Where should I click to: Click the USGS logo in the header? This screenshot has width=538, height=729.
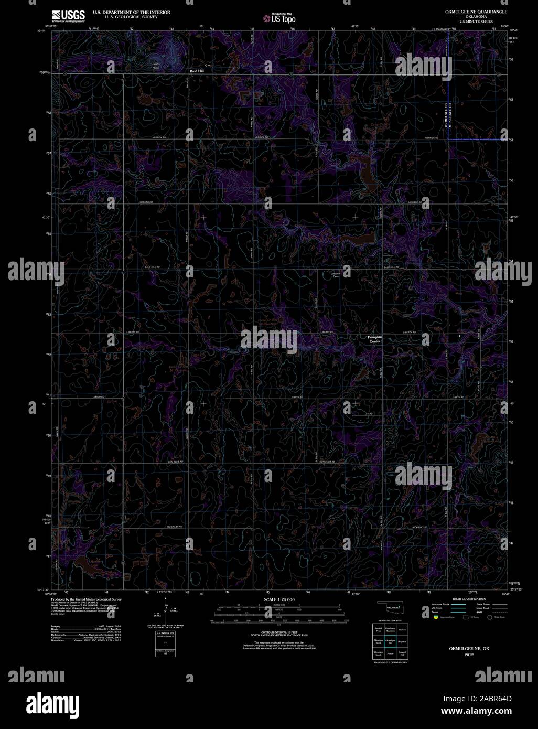coord(68,16)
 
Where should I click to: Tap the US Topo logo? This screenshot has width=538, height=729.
coord(279,18)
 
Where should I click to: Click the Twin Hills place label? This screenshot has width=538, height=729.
coord(155,66)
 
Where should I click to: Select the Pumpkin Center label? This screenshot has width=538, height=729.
coord(375,339)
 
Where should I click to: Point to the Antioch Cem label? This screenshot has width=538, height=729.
coord(336,275)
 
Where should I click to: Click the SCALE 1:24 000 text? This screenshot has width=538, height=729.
coord(279,599)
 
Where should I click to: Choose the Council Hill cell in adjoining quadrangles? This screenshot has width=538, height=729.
coord(402,653)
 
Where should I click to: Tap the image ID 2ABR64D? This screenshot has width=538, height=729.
coord(493,698)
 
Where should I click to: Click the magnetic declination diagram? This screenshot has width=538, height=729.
coord(166,611)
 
